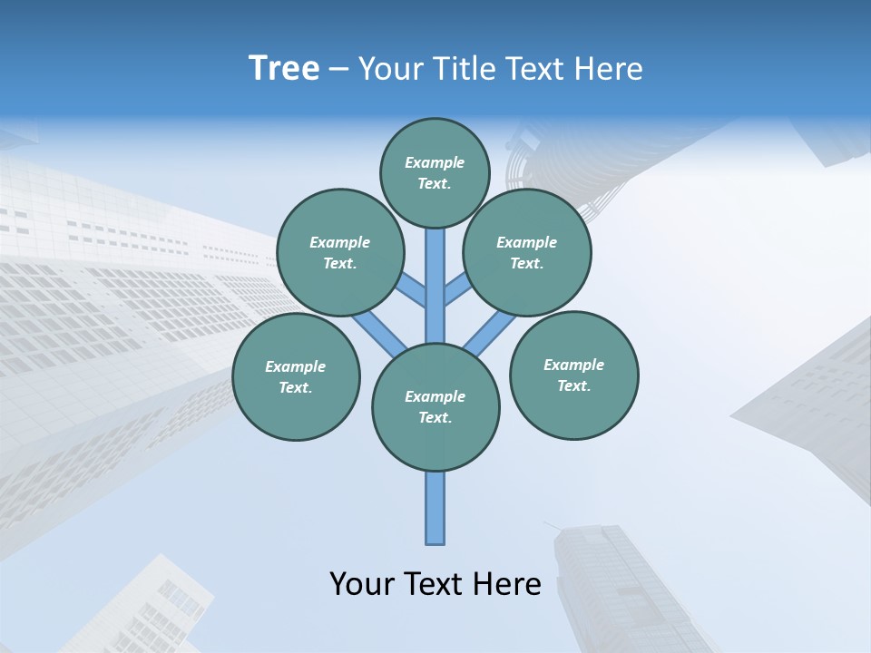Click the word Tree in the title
[x=284, y=69]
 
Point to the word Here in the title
[x=610, y=69]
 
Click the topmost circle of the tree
[x=435, y=172]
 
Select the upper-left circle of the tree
[x=339, y=252]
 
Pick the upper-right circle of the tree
[x=526, y=252]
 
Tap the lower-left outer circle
[x=295, y=376]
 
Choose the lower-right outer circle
[x=573, y=375]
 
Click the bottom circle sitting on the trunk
[x=435, y=406]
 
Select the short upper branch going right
[x=458, y=289]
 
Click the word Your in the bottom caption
[x=360, y=584]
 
